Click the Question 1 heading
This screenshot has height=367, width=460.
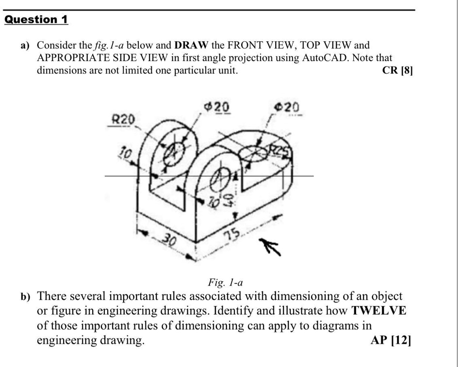click(x=36, y=20)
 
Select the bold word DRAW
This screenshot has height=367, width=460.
click(x=191, y=46)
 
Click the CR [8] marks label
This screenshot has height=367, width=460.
click(x=397, y=70)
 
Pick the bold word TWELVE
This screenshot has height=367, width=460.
click(x=379, y=311)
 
